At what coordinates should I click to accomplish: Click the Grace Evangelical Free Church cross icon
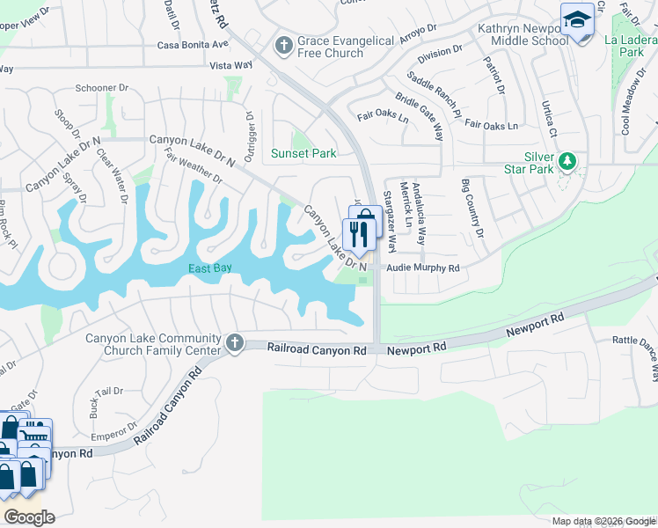click(283, 44)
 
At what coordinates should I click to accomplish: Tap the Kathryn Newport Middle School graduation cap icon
click(577, 20)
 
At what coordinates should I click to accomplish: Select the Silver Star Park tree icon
click(568, 161)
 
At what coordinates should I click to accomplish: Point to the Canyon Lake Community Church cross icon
click(234, 342)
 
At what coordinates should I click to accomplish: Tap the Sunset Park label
click(303, 154)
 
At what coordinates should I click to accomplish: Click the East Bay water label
click(210, 268)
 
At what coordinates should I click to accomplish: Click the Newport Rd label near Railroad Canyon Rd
click(417, 349)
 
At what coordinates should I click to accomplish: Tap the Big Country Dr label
click(472, 208)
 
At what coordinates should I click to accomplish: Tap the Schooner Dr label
click(103, 90)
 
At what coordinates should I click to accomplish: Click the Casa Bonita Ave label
click(193, 44)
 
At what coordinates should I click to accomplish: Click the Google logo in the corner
click(29, 517)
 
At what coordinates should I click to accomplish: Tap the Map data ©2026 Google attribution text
click(603, 521)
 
